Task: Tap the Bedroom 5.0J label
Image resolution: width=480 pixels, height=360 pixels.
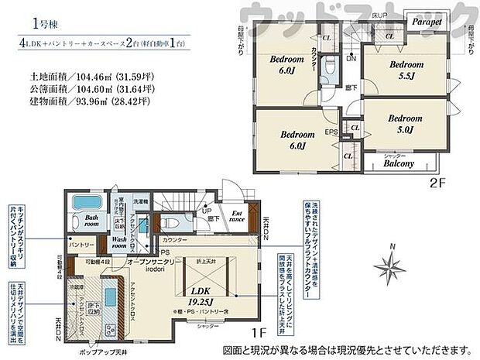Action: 403,125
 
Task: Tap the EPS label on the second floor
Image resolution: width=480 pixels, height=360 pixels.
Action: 330,132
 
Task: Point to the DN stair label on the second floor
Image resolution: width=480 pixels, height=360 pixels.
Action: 349,57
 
